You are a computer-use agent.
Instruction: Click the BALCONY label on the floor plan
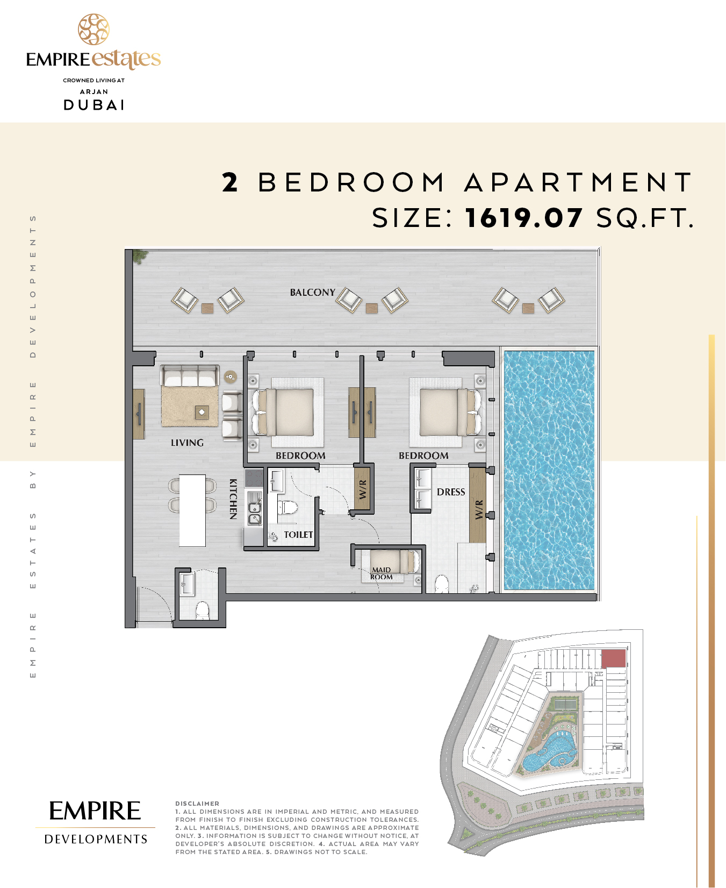pyautogui.click(x=312, y=293)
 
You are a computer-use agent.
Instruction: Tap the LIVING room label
pyautogui.click(x=187, y=443)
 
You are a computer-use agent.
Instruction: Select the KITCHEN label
pyautogui.click(x=233, y=499)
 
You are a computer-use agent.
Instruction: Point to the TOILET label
pyautogui.click(x=298, y=535)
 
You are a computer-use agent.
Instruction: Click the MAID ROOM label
pyautogui.click(x=382, y=573)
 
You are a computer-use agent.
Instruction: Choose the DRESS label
pyautogui.click(x=451, y=492)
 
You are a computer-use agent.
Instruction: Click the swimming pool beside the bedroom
pyautogui.click(x=549, y=471)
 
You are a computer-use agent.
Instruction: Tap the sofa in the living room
pyautogui.click(x=190, y=375)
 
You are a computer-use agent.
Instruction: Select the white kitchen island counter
pyautogui.click(x=192, y=510)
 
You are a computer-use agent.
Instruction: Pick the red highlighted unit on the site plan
pyautogui.click(x=613, y=658)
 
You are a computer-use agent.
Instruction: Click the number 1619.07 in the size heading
pyautogui.click(x=524, y=218)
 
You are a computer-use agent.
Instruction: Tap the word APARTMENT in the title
pyautogui.click(x=578, y=182)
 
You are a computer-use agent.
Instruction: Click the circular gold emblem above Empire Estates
pyautogui.click(x=94, y=30)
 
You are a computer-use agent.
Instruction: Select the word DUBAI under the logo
pyautogui.click(x=94, y=105)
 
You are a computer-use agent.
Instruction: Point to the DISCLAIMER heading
pyautogui.click(x=197, y=804)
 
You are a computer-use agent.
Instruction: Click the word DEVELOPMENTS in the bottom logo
pyautogui.click(x=96, y=839)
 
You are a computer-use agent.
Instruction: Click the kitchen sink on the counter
pyautogui.click(x=254, y=513)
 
